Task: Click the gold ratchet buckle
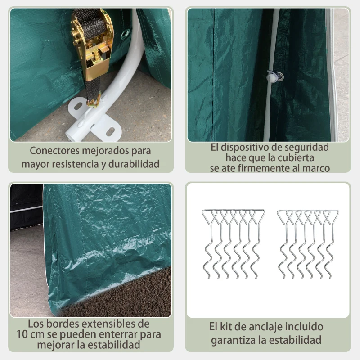pos(93,47)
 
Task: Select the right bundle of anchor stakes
pos(307,243)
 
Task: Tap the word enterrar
pos(122,335)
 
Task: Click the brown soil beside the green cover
pos(130,297)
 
